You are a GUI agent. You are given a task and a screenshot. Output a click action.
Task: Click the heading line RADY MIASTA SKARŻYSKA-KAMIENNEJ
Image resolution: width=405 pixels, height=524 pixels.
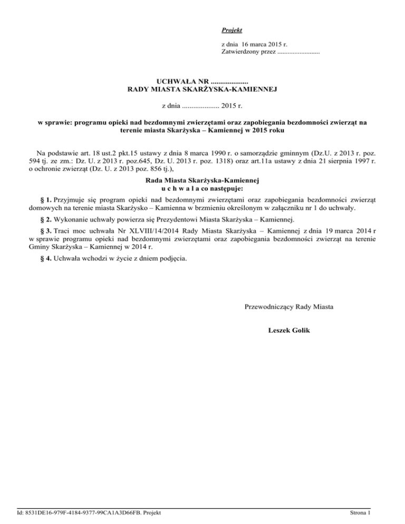pos(202,90)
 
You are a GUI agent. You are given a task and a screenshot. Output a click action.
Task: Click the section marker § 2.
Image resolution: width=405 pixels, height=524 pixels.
pos(46,219)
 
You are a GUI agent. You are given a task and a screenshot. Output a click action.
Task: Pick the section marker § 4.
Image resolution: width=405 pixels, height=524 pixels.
pos(46,259)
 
